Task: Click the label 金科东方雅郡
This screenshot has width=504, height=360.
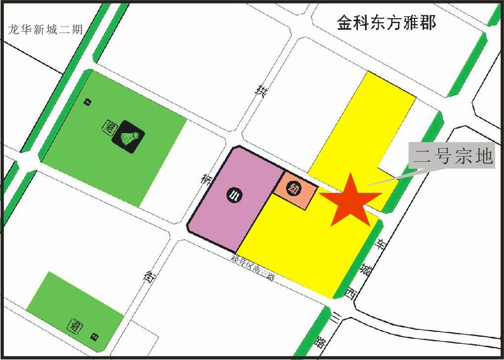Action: tap(387, 22)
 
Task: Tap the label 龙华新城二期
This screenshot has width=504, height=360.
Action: tap(45, 29)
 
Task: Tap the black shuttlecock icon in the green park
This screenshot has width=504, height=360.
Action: tap(128, 137)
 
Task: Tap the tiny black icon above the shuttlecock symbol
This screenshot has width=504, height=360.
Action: tap(87, 102)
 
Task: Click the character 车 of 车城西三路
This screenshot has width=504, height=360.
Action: tap(382, 244)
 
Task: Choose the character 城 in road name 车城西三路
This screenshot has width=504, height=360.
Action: tap(366, 270)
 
